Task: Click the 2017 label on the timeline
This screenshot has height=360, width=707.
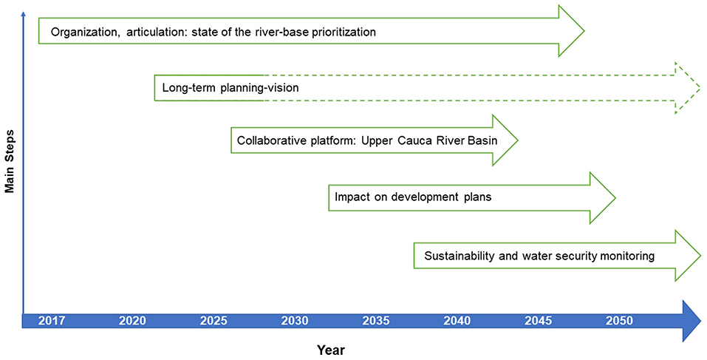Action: click(x=52, y=322)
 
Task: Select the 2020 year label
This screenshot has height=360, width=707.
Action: click(x=132, y=322)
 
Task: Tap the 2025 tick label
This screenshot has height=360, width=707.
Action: click(x=214, y=322)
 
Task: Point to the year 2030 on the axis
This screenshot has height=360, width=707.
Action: click(x=295, y=322)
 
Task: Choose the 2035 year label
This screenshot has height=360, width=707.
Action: click(x=376, y=322)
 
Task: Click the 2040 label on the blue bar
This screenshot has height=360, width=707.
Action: click(x=457, y=322)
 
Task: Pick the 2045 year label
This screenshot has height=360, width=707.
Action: click(x=539, y=322)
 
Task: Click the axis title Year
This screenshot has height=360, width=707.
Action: click(x=330, y=350)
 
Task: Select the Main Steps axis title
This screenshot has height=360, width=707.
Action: click(x=10, y=161)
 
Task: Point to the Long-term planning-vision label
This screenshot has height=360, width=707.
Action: click(x=230, y=88)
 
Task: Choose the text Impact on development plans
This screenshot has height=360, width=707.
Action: click(x=413, y=197)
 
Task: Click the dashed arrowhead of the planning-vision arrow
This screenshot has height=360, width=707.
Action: click(x=687, y=87)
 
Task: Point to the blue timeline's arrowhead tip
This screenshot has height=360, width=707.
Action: click(x=700, y=321)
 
